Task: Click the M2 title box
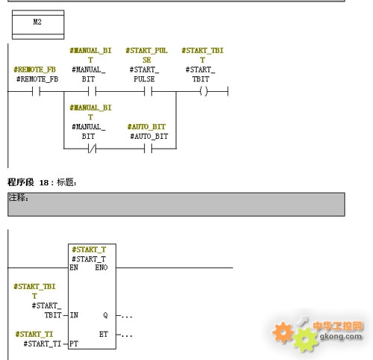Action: tap(38, 25)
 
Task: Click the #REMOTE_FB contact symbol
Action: tap(36, 92)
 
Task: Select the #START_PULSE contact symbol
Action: tap(148, 92)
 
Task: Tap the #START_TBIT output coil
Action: tap(204, 92)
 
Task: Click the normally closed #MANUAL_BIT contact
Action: tap(92, 149)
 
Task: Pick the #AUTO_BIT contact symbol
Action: tap(148, 149)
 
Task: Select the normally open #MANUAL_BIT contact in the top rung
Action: tap(92, 92)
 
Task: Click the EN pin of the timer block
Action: tap(74, 267)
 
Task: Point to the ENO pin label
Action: tap(101, 267)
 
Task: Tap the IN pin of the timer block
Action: tap(74, 315)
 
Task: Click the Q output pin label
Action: tap(105, 315)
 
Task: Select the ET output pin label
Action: tap(104, 334)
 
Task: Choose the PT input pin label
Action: tap(74, 344)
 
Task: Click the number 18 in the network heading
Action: tap(44, 183)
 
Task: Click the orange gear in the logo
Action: tap(283, 332)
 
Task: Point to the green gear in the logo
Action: tap(305, 340)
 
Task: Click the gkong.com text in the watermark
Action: tap(341, 336)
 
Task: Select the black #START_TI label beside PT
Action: tap(43, 344)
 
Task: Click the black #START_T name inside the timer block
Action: tap(89, 259)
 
